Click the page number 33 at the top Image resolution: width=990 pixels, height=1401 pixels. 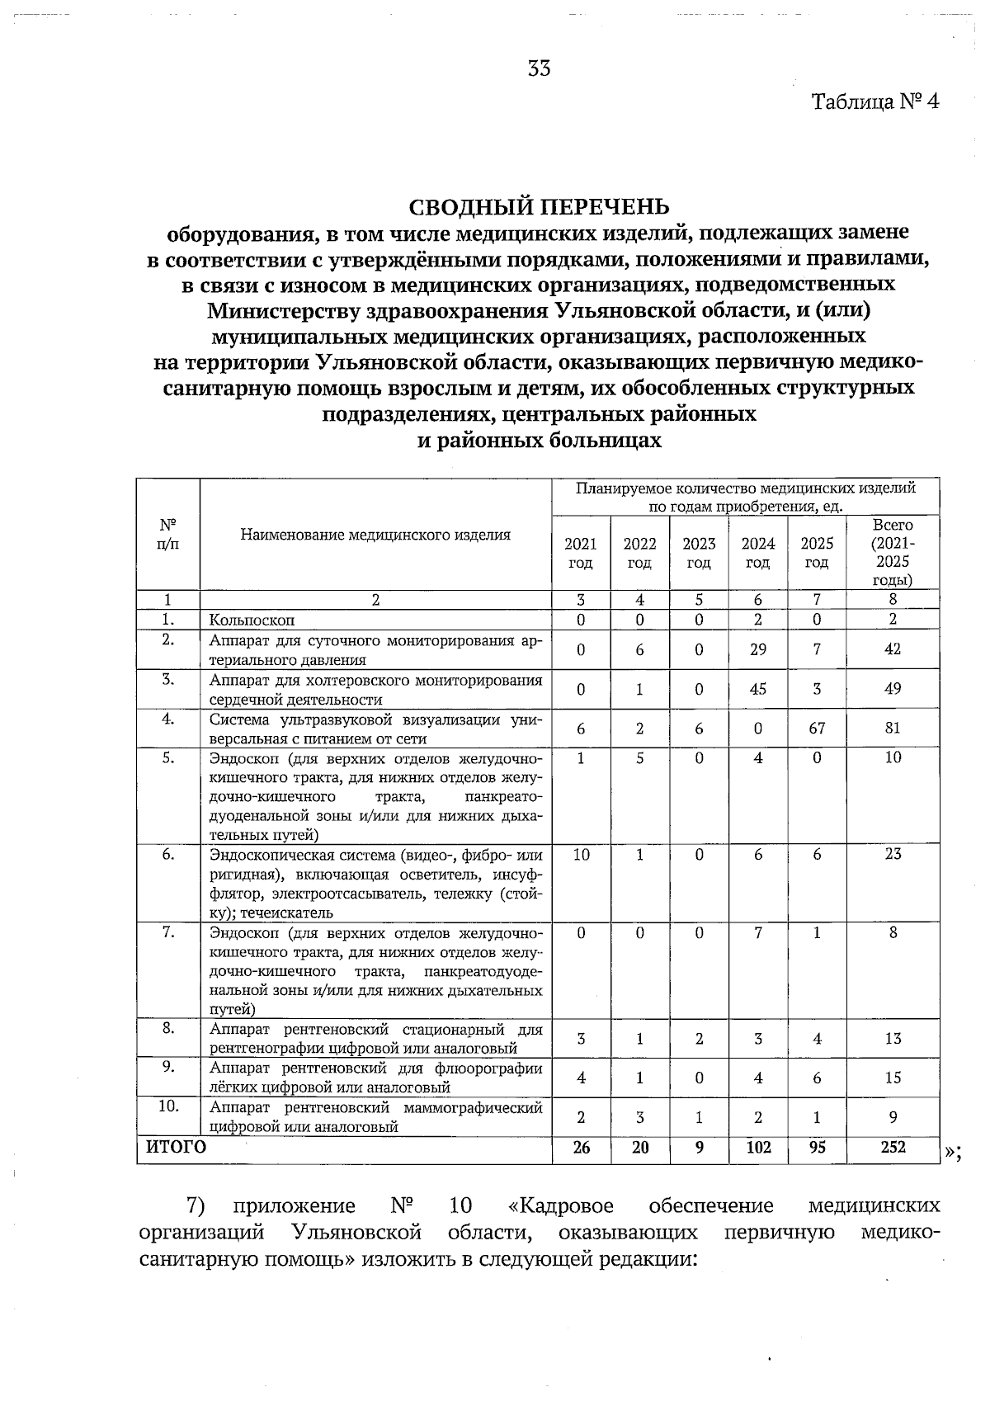(540, 69)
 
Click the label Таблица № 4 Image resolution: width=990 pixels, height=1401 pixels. (875, 102)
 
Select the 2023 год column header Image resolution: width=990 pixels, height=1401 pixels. (699, 553)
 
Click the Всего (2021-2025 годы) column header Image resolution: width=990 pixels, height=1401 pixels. (893, 553)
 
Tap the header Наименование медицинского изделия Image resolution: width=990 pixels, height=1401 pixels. (375, 535)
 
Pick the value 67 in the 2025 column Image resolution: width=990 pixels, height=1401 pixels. (817, 729)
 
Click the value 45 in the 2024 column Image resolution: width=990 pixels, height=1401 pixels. (757, 689)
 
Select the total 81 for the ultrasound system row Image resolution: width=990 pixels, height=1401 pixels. (893, 729)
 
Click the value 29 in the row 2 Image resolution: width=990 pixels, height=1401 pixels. (757, 649)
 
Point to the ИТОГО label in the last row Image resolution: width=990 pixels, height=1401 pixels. (176, 1147)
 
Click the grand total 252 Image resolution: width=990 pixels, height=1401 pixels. (893, 1147)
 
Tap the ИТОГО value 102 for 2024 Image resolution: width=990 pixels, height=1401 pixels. (757, 1147)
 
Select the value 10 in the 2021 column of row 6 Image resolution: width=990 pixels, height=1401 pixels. (581, 855)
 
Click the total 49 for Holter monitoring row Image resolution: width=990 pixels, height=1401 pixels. (893, 689)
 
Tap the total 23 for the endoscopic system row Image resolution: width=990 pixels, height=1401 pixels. (893, 855)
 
